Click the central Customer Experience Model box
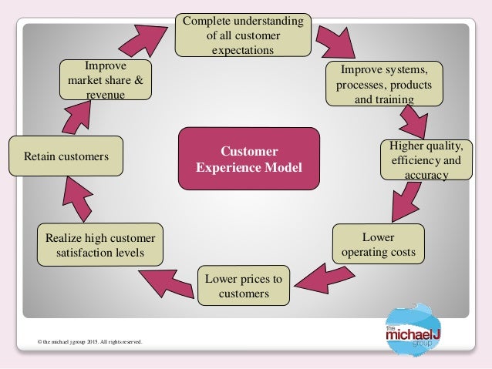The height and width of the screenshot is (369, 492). [248, 159]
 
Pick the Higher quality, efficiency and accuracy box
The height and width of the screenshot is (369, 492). [426, 159]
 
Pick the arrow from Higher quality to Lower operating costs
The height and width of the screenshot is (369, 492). [409, 203]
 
